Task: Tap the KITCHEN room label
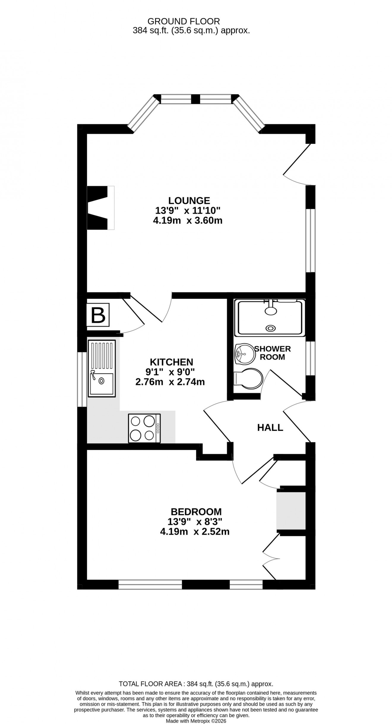[x=171, y=362]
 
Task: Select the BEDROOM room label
[x=196, y=511]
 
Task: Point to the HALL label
[x=270, y=427]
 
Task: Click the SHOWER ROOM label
[x=272, y=353]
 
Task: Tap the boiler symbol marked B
[x=98, y=315]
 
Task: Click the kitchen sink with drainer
[x=102, y=368]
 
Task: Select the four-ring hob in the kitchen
[x=144, y=428]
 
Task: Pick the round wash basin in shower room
[x=244, y=354]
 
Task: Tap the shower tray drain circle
[x=270, y=328]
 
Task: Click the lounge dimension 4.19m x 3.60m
[x=187, y=221]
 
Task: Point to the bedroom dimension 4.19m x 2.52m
[x=195, y=532]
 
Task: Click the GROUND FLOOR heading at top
[x=184, y=21]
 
